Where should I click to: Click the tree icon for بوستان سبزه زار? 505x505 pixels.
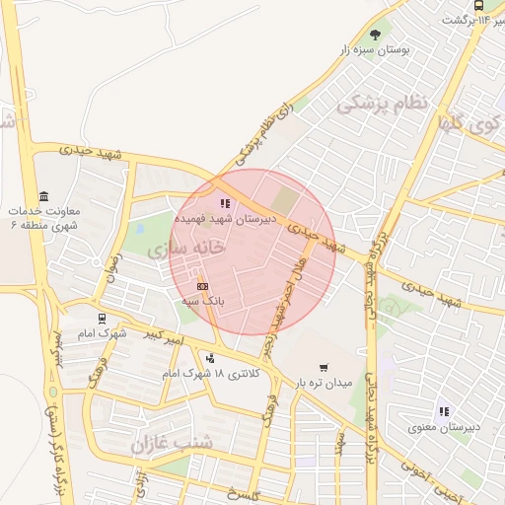(376, 33)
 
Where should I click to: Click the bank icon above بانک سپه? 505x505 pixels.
(202, 286)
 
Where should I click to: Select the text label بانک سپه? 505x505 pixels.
(203, 301)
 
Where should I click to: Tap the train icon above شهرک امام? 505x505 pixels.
(102, 319)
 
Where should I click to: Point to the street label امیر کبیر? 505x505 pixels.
(162, 335)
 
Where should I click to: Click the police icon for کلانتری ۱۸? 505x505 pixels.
(209, 358)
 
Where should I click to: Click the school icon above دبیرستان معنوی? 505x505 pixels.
(443, 411)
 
